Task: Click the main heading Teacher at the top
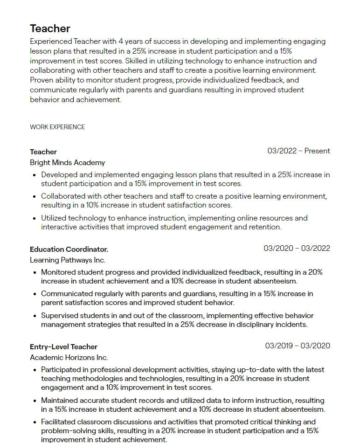[x=50, y=28]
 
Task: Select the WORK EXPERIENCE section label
[x=57, y=127]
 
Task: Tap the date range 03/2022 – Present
[x=298, y=151]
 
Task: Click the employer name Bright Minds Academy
[x=67, y=163]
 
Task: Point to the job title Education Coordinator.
[x=69, y=249]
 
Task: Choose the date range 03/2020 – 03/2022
[x=297, y=249]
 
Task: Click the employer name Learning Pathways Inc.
[x=68, y=260]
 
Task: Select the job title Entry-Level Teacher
[x=63, y=347]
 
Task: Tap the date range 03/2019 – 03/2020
[x=298, y=346]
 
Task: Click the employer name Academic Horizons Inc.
[x=69, y=358]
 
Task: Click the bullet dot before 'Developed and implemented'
[x=35, y=175]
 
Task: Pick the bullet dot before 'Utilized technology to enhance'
[x=35, y=218]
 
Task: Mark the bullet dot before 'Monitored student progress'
[x=35, y=273]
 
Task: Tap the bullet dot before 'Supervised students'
[x=35, y=316]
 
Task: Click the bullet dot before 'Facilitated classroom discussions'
[x=35, y=422]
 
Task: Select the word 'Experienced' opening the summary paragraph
[x=51, y=42]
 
